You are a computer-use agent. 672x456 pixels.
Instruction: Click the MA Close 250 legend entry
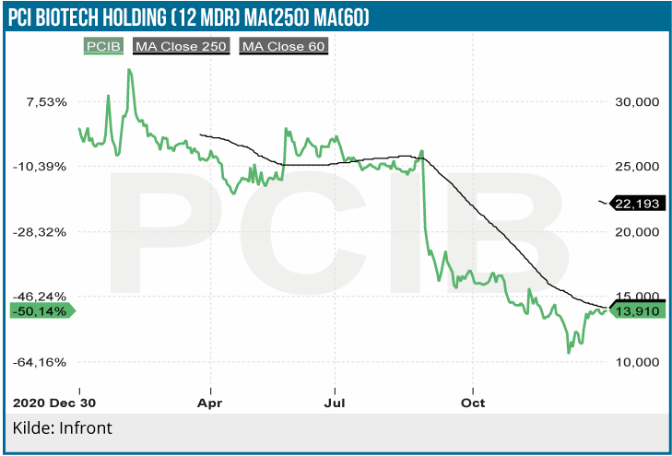click(181, 45)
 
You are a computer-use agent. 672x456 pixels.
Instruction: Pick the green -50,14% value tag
click(40, 311)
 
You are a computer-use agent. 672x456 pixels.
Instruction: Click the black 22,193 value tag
click(638, 204)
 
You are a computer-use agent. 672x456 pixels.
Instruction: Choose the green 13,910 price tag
click(638, 311)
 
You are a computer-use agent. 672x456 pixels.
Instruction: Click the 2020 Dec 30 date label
click(54, 403)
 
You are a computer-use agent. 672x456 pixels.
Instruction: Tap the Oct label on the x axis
click(473, 403)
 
